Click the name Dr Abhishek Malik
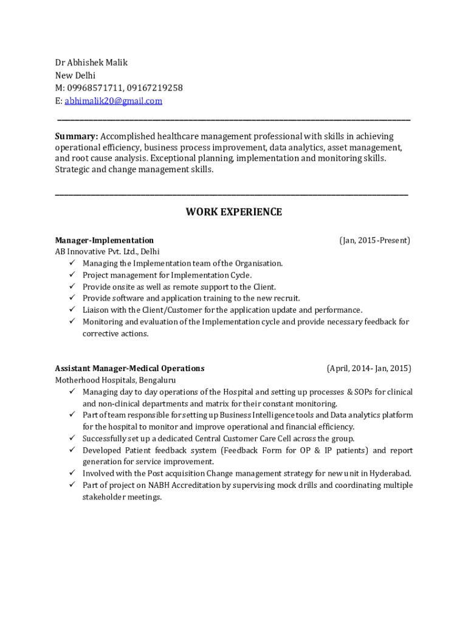[91, 63]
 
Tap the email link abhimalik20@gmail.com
[114, 101]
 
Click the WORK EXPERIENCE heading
[233, 212]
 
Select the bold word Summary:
[77, 136]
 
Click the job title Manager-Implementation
[104, 240]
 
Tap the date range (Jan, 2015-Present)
[374, 240]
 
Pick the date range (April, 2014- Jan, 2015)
[368, 368]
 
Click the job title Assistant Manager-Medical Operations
[129, 368]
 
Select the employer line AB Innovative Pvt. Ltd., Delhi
[108, 252]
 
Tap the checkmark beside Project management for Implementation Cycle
[71, 275]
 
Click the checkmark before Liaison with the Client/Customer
[71, 310]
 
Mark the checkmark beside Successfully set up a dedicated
[71, 439]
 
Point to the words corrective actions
[115, 334]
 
